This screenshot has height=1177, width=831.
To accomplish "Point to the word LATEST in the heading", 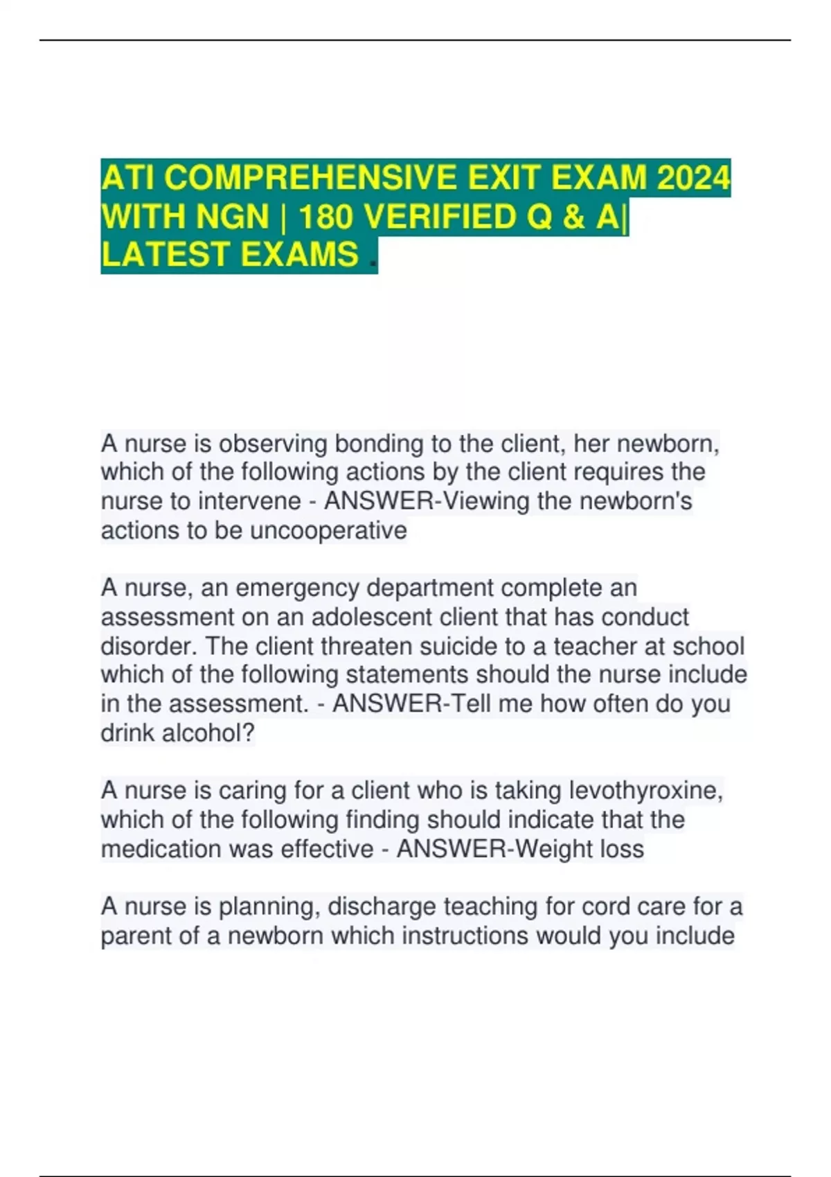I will coord(164,254).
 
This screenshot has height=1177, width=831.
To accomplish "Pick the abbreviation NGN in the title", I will coord(233,217).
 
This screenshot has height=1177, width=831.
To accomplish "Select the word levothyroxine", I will coord(645,791).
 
